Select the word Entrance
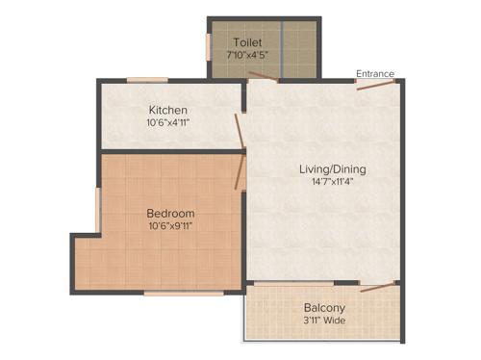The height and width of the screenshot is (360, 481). pyautogui.click(x=374, y=73)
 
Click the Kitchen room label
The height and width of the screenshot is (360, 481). pyautogui.click(x=167, y=110)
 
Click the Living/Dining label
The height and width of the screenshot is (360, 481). pyautogui.click(x=332, y=169)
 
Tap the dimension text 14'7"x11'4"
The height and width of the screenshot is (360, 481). pyautogui.click(x=333, y=184)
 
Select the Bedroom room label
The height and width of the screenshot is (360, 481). pyautogui.click(x=170, y=213)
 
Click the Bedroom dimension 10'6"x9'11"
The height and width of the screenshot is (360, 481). pyautogui.click(x=171, y=228)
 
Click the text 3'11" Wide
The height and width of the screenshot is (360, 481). pyautogui.click(x=323, y=321)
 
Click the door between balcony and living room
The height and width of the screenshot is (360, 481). pyautogui.click(x=376, y=286)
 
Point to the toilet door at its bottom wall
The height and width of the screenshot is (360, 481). pyautogui.click(x=264, y=80)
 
